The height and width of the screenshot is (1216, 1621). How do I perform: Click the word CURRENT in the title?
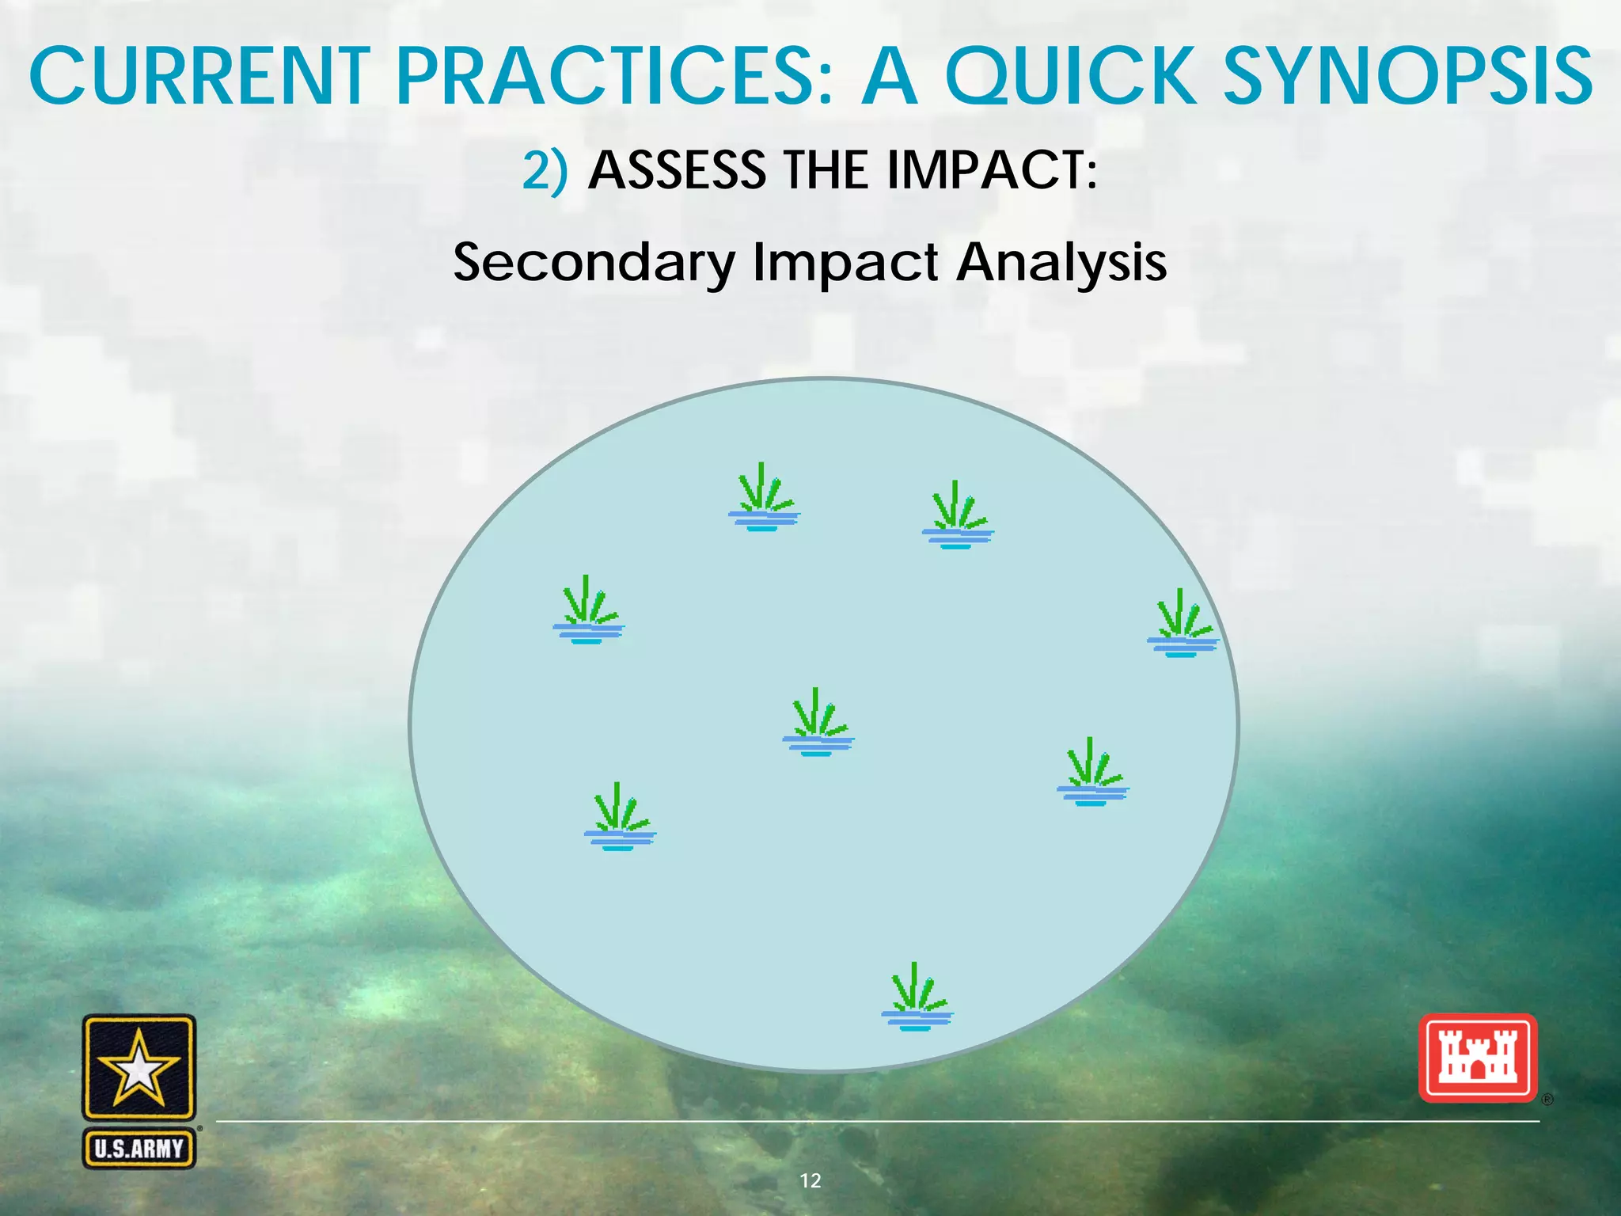(199, 77)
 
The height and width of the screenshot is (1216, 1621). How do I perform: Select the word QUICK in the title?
(1070, 77)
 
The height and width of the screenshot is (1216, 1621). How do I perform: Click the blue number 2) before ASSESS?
(545, 170)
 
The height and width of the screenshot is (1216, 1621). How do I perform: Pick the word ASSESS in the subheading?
(678, 170)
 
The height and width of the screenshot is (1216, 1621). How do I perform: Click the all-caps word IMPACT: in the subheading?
(992, 170)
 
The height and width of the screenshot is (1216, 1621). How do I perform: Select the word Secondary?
(594, 264)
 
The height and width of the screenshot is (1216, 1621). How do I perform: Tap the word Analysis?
(1061, 262)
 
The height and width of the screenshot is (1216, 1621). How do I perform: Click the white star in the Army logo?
(139, 1069)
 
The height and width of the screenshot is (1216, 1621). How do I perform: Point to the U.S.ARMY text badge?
(139, 1149)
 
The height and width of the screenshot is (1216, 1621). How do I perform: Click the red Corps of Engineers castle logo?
(1477, 1058)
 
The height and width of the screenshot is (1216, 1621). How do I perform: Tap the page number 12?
(810, 1180)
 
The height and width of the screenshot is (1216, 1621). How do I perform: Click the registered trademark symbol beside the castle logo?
(1547, 1100)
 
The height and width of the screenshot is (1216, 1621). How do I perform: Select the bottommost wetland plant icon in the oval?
(917, 997)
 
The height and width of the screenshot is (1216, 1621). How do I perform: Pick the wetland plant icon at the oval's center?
(818, 723)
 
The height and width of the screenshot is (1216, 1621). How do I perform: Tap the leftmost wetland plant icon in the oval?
(588, 610)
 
